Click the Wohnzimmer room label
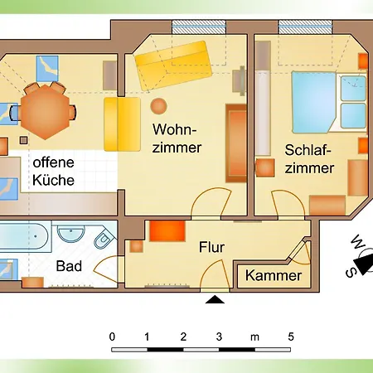click(177, 138)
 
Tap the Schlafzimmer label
click(309, 159)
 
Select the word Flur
click(211, 247)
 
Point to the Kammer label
click(274, 275)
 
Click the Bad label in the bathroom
click(69, 266)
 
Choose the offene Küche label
click(53, 172)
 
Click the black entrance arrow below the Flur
click(215, 299)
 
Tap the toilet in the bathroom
click(104, 237)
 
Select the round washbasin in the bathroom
click(71, 233)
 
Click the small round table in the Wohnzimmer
click(158, 106)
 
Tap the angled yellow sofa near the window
click(173, 65)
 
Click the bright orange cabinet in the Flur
click(167, 230)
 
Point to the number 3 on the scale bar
click(219, 337)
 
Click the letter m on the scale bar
click(254, 337)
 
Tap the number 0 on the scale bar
click(112, 337)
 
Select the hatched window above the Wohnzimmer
click(199, 27)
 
